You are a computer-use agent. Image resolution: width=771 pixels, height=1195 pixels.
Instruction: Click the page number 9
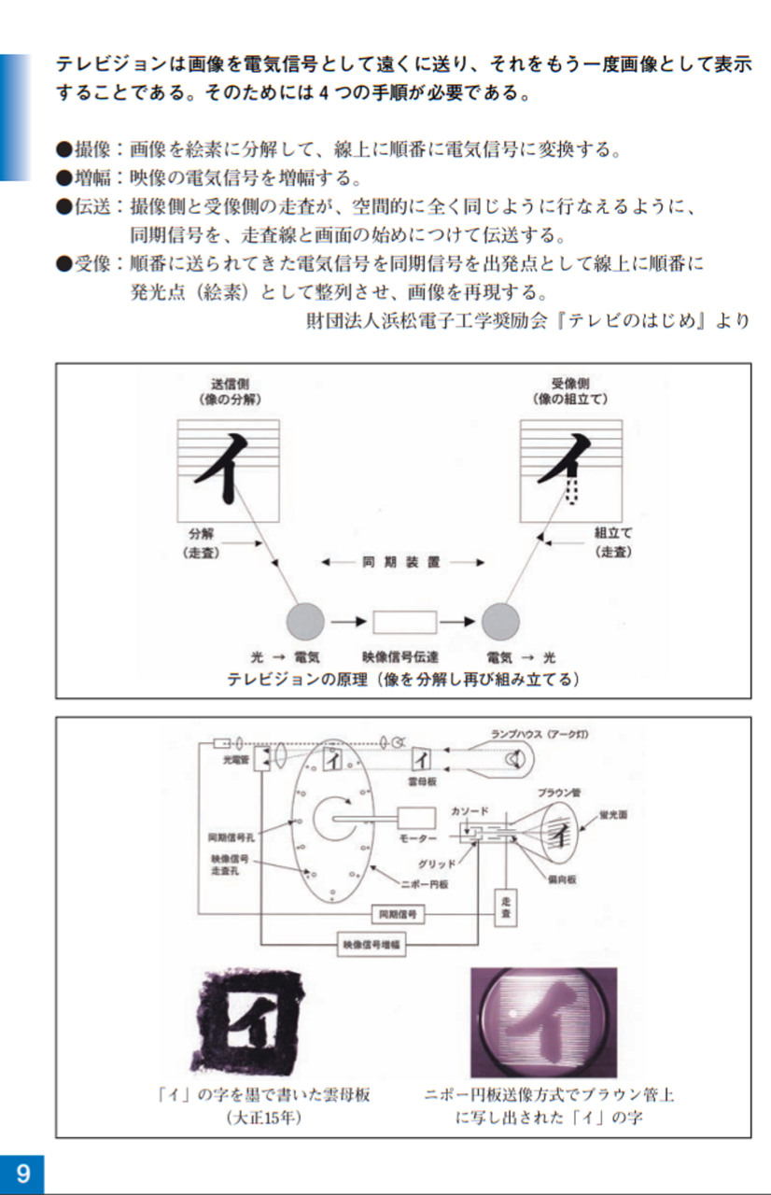coord(21,1173)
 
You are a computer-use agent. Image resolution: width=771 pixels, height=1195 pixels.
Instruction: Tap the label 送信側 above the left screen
coord(229,384)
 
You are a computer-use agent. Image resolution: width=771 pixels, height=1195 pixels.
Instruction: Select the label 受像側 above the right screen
coord(569,384)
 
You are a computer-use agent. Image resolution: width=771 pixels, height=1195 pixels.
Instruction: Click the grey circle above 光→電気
coord(305,620)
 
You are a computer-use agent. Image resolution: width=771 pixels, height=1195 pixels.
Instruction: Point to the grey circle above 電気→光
coord(500,620)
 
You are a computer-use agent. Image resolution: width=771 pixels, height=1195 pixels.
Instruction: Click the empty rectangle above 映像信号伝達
coord(404,621)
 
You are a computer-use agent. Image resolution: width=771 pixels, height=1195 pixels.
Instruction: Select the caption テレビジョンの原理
coord(403,680)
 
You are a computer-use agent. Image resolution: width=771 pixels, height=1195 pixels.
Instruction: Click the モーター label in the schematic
coord(417,839)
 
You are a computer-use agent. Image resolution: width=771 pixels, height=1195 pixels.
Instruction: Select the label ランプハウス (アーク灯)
coord(539,735)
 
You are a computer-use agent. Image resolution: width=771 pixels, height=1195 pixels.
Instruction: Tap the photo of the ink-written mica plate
coord(253,1021)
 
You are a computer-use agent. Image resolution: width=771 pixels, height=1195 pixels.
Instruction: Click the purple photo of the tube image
coord(542,1022)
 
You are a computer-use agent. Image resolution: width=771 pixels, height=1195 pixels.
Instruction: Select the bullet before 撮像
coord(63,148)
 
